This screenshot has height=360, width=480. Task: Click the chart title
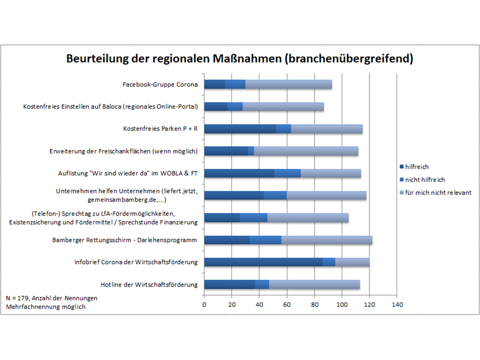pyautogui.click(x=239, y=58)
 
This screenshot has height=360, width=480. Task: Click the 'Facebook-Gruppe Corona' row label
pyautogui.click(x=160, y=85)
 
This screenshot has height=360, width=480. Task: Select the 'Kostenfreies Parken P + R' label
pyautogui.click(x=160, y=129)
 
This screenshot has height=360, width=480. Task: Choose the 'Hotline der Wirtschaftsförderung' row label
pyautogui.click(x=149, y=284)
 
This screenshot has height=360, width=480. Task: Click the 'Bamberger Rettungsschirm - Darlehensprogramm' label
pyautogui.click(x=125, y=240)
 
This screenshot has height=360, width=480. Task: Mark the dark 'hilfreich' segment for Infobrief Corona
pyautogui.click(x=263, y=262)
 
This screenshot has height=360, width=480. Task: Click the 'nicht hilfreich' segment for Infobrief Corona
pyautogui.click(x=329, y=262)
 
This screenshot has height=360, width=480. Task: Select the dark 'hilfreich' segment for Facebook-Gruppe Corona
pyautogui.click(x=214, y=84)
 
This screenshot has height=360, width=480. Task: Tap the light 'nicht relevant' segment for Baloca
pyautogui.click(x=283, y=107)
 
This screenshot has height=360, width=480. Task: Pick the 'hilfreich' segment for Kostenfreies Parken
pyautogui.click(x=240, y=129)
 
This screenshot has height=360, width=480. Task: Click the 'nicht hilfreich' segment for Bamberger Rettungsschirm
pyautogui.click(x=266, y=240)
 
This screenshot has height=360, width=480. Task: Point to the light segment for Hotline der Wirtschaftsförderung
pyautogui.click(x=314, y=284)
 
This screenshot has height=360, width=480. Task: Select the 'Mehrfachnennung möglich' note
pyautogui.click(x=46, y=307)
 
